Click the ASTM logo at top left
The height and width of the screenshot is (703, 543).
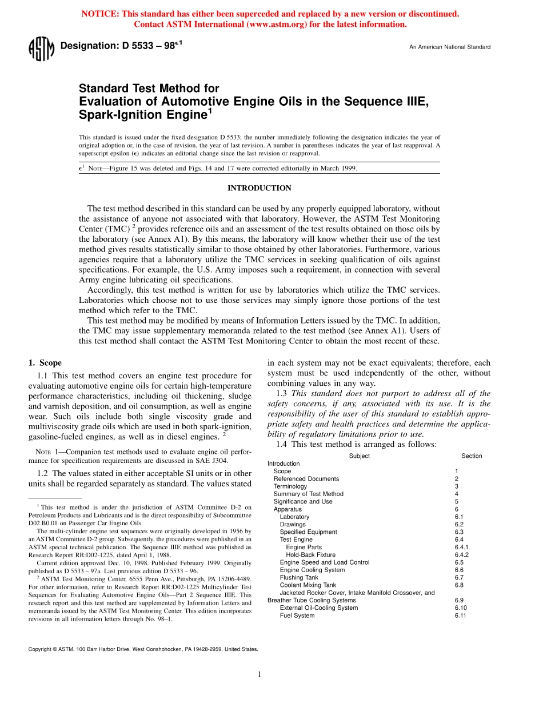[x=41, y=49]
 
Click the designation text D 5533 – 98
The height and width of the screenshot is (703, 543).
[x=121, y=46]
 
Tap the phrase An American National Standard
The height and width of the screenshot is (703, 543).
[x=449, y=47]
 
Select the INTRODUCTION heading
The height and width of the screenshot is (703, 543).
[x=259, y=188]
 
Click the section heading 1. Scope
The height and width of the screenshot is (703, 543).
[x=45, y=363]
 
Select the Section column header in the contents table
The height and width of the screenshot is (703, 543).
[x=472, y=456]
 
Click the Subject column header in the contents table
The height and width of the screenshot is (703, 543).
[x=359, y=456]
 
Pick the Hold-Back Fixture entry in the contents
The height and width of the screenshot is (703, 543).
[x=310, y=554]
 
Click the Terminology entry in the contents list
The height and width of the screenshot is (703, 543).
[x=290, y=486]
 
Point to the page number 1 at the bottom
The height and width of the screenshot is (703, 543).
[x=259, y=674]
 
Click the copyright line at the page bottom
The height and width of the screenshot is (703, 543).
[x=143, y=649]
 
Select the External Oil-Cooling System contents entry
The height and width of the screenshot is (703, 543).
[x=318, y=608]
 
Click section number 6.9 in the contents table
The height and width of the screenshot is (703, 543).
[x=459, y=600]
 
